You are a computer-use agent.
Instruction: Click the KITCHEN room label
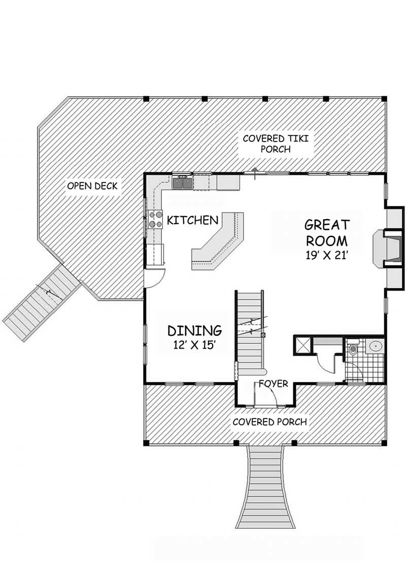click(192, 220)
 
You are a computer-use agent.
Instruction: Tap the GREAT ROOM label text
click(327, 232)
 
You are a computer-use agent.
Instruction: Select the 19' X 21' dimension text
click(327, 255)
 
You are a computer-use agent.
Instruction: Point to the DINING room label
click(194, 330)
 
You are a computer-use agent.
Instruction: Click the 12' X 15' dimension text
click(194, 344)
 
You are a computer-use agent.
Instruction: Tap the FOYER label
click(274, 383)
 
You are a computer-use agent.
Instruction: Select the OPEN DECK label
click(92, 186)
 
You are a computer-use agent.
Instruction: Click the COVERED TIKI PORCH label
click(276, 144)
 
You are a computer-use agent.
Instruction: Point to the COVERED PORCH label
click(269, 422)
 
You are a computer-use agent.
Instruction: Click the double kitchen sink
click(183, 183)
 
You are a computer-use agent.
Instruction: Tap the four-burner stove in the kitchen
click(155, 219)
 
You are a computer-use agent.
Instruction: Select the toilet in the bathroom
click(352, 349)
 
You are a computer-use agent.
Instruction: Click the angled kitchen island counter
click(218, 240)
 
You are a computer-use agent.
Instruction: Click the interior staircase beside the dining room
click(250, 333)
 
